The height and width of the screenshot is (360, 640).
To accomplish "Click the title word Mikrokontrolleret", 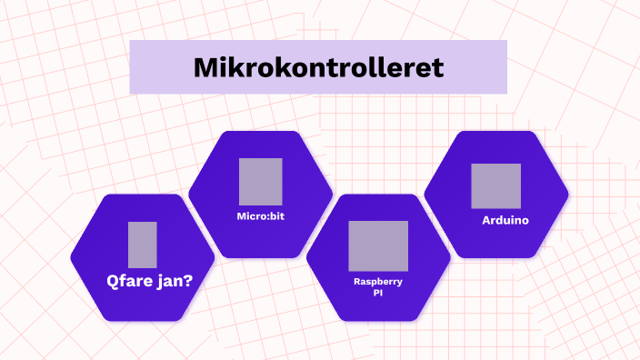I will [318, 68].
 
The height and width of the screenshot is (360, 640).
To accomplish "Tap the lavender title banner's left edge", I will [132, 67].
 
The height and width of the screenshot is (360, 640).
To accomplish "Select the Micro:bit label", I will [261, 216].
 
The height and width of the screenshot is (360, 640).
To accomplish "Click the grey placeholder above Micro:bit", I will [261, 181].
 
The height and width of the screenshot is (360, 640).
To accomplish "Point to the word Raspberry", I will [378, 282].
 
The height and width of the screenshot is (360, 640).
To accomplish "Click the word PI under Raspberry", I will [378, 294].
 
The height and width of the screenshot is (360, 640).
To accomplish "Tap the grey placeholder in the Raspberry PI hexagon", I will [378, 245].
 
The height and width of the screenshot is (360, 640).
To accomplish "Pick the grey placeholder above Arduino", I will [496, 186].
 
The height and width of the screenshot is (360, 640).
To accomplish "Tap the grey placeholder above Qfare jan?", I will [143, 244].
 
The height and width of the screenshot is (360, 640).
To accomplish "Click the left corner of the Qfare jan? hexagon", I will [73, 257].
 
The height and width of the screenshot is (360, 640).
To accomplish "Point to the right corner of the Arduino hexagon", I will [567, 195].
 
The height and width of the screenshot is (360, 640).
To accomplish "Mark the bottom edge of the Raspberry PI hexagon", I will [378, 320].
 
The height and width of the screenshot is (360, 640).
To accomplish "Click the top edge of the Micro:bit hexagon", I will [261, 133].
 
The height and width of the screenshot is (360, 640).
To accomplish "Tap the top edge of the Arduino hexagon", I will [496, 133].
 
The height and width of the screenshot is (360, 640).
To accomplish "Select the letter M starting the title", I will [205, 68].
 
